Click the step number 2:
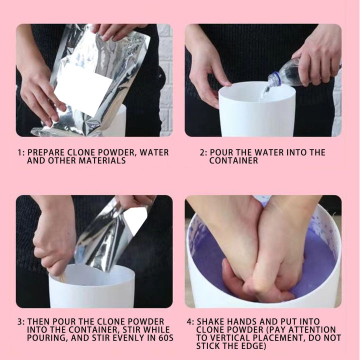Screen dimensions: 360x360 pyautogui.click(x=203, y=152)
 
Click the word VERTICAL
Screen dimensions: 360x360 pyautogui.click(x=238, y=338)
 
